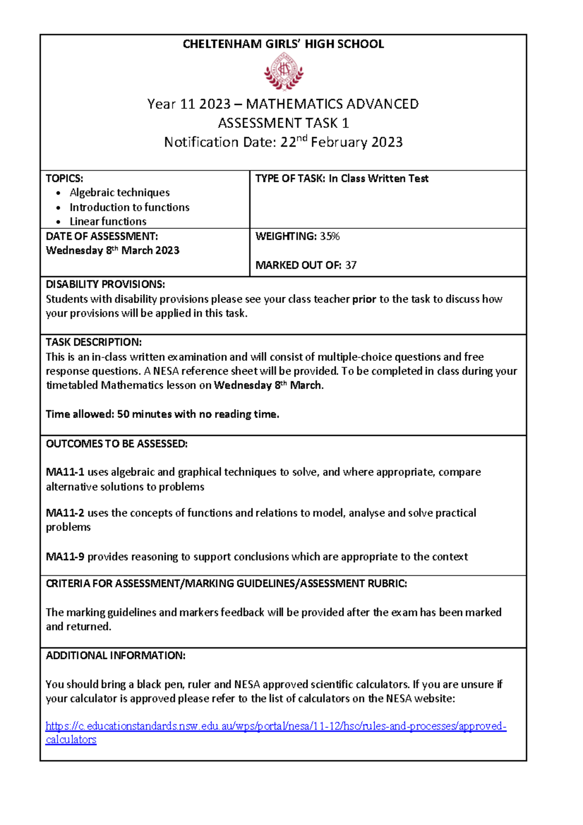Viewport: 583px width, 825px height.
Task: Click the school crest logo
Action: coord(284,72)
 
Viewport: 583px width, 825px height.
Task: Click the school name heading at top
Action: coord(283,44)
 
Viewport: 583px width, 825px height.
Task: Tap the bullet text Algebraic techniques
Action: coord(120,192)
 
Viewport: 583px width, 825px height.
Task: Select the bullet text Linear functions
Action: coord(108,222)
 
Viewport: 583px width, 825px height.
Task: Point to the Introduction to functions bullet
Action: coord(129,207)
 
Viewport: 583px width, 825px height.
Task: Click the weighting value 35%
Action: coord(329,237)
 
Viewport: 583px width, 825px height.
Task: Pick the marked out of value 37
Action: coord(351,265)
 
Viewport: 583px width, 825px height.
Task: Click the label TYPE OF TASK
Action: coord(290,179)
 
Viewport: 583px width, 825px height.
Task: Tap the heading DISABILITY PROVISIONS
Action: coord(105,284)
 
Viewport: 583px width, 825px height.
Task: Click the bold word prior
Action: coord(364,299)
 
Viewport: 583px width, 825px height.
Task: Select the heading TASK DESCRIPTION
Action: coord(93,342)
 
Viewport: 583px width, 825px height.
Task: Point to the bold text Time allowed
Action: coord(80,414)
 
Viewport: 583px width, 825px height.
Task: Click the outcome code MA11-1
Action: coord(65,472)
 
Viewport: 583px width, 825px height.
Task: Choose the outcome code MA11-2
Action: coord(65,513)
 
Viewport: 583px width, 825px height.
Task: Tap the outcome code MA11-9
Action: coord(65,557)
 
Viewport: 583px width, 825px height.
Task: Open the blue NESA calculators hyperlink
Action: coord(275,726)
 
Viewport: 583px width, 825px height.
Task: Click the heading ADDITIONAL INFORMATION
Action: coord(115,656)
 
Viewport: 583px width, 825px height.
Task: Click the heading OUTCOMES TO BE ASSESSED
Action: coord(116,444)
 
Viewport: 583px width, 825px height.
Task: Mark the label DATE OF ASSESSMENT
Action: coord(102,237)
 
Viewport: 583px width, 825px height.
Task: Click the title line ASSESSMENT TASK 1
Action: coord(283,123)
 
